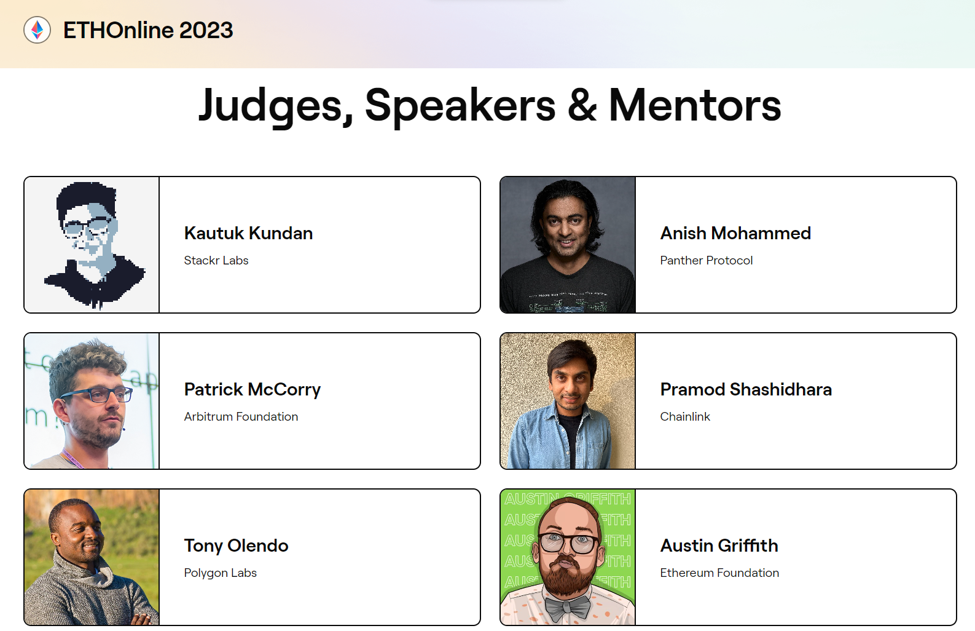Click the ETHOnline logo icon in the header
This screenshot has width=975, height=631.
tap(37, 30)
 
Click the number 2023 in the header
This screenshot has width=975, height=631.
tap(206, 30)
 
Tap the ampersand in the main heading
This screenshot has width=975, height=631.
tap(582, 105)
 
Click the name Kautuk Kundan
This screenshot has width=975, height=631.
tap(248, 233)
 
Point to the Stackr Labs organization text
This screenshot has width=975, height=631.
tap(216, 260)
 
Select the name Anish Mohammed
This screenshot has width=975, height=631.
tap(735, 233)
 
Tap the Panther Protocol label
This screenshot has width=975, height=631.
tap(706, 260)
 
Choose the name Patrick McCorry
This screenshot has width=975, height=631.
tap(252, 389)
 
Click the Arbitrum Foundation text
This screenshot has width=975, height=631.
tap(241, 416)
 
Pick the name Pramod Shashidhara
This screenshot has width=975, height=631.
tap(746, 389)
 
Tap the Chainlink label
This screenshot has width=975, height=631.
tap(684, 416)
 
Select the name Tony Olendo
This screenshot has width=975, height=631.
tap(236, 546)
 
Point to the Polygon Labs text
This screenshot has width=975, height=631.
tap(220, 573)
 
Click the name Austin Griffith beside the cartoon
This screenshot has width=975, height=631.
tap(719, 546)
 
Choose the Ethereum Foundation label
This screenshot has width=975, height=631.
tap(719, 573)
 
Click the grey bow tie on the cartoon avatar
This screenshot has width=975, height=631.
tap(567, 608)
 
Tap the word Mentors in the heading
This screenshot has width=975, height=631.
tap(695, 105)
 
